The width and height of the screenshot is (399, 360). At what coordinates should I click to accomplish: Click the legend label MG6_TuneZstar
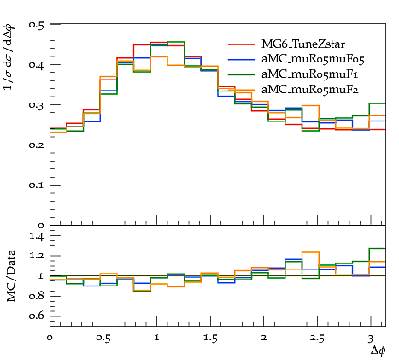(x=303, y=44)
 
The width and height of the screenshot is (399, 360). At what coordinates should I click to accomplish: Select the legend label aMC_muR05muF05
(x=313, y=59)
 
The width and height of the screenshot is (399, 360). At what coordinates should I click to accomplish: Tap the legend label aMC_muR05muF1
(x=310, y=74)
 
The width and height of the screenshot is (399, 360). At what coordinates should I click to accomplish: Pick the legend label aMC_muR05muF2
(x=310, y=90)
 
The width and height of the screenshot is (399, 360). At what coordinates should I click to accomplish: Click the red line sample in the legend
(x=242, y=44)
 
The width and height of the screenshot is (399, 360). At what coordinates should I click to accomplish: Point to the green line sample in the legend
(x=242, y=74)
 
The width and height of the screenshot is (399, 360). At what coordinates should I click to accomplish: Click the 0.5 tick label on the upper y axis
(x=36, y=25)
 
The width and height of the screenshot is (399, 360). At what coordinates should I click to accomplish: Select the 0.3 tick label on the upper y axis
(x=36, y=105)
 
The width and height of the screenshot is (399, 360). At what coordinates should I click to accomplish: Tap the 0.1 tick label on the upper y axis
(x=36, y=186)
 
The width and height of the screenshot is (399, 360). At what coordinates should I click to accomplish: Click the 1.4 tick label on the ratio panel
(x=37, y=236)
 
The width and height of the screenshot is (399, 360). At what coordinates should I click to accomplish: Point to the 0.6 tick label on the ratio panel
(x=37, y=316)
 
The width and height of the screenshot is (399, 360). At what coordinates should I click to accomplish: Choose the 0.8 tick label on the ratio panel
(x=37, y=296)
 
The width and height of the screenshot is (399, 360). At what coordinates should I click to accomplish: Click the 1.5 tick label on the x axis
(x=210, y=338)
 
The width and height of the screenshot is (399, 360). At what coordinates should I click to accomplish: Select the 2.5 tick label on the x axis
(x=317, y=338)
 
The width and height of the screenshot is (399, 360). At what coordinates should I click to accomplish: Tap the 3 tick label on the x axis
(x=371, y=338)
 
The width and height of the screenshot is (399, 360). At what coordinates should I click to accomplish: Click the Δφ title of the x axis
(x=378, y=351)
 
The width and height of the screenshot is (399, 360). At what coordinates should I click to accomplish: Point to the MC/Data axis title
(x=11, y=276)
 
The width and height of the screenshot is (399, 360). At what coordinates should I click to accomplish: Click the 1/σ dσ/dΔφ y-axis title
(x=9, y=57)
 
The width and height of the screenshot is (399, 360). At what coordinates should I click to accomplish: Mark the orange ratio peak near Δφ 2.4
(x=310, y=252)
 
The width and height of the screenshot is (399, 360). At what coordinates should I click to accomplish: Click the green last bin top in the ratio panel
(x=378, y=249)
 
